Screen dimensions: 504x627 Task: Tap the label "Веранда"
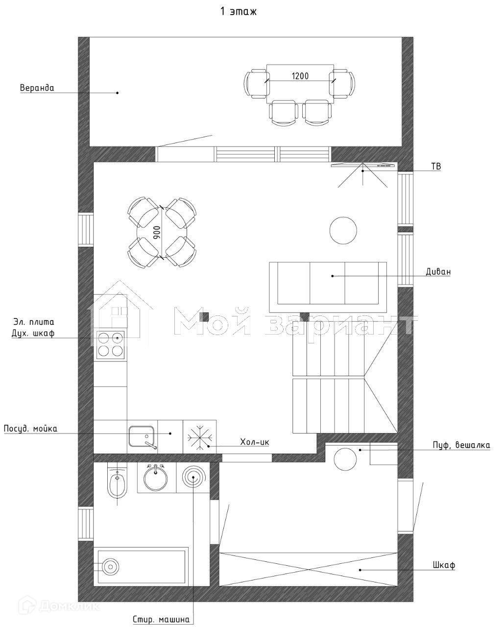(37, 88)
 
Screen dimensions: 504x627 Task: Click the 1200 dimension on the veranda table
(300, 76)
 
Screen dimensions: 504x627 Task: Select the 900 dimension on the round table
(157, 232)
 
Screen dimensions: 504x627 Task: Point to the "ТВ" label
(435, 167)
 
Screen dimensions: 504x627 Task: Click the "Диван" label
(438, 271)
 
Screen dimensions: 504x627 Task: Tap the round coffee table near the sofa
(343, 230)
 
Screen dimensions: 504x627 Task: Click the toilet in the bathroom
(117, 483)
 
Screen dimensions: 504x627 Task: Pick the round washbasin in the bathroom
(156, 478)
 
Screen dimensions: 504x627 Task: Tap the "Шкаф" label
(444, 565)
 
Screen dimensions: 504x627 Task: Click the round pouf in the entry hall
(346, 458)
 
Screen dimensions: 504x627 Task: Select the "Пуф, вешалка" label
(461, 445)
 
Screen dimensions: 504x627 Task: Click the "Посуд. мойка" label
(30, 429)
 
